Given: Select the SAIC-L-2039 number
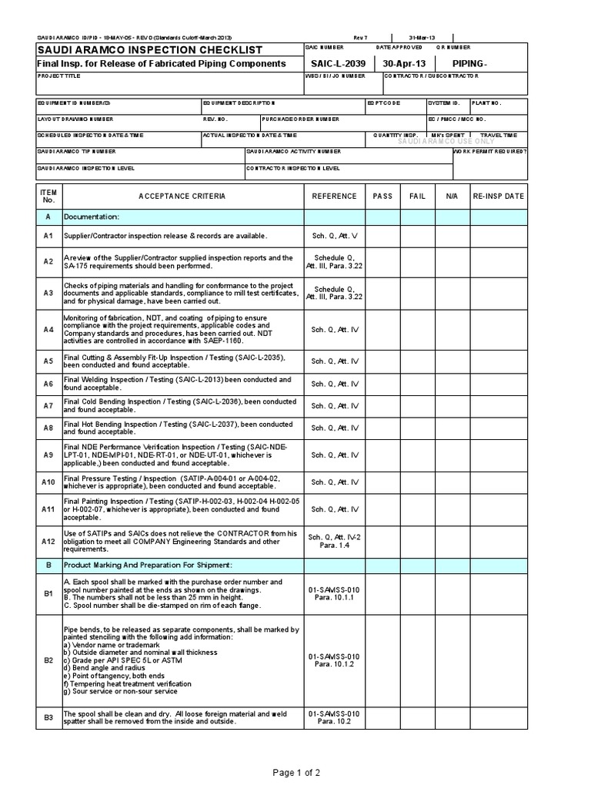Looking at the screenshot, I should pos(335,63).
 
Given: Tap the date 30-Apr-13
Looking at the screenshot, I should pos(405,63).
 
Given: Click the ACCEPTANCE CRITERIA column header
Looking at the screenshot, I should pos(182,196).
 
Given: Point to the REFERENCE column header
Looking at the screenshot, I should pos(334,196).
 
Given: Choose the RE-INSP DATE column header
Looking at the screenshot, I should pos(499,196).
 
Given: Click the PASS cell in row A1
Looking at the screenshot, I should pos(382,235).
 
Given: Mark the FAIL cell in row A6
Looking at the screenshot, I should pos(417,383).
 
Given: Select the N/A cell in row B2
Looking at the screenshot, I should pos(452,660).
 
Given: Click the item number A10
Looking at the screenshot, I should pos(48,482).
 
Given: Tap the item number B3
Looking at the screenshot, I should pos(48,717).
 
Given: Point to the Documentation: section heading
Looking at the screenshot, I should pos(92,217).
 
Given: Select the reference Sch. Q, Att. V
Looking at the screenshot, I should pos(334,235).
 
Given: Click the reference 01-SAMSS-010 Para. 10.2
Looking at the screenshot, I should pos(334,717).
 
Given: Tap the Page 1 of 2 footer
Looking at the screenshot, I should pos(295,772).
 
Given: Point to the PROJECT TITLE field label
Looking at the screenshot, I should pos(58,77).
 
